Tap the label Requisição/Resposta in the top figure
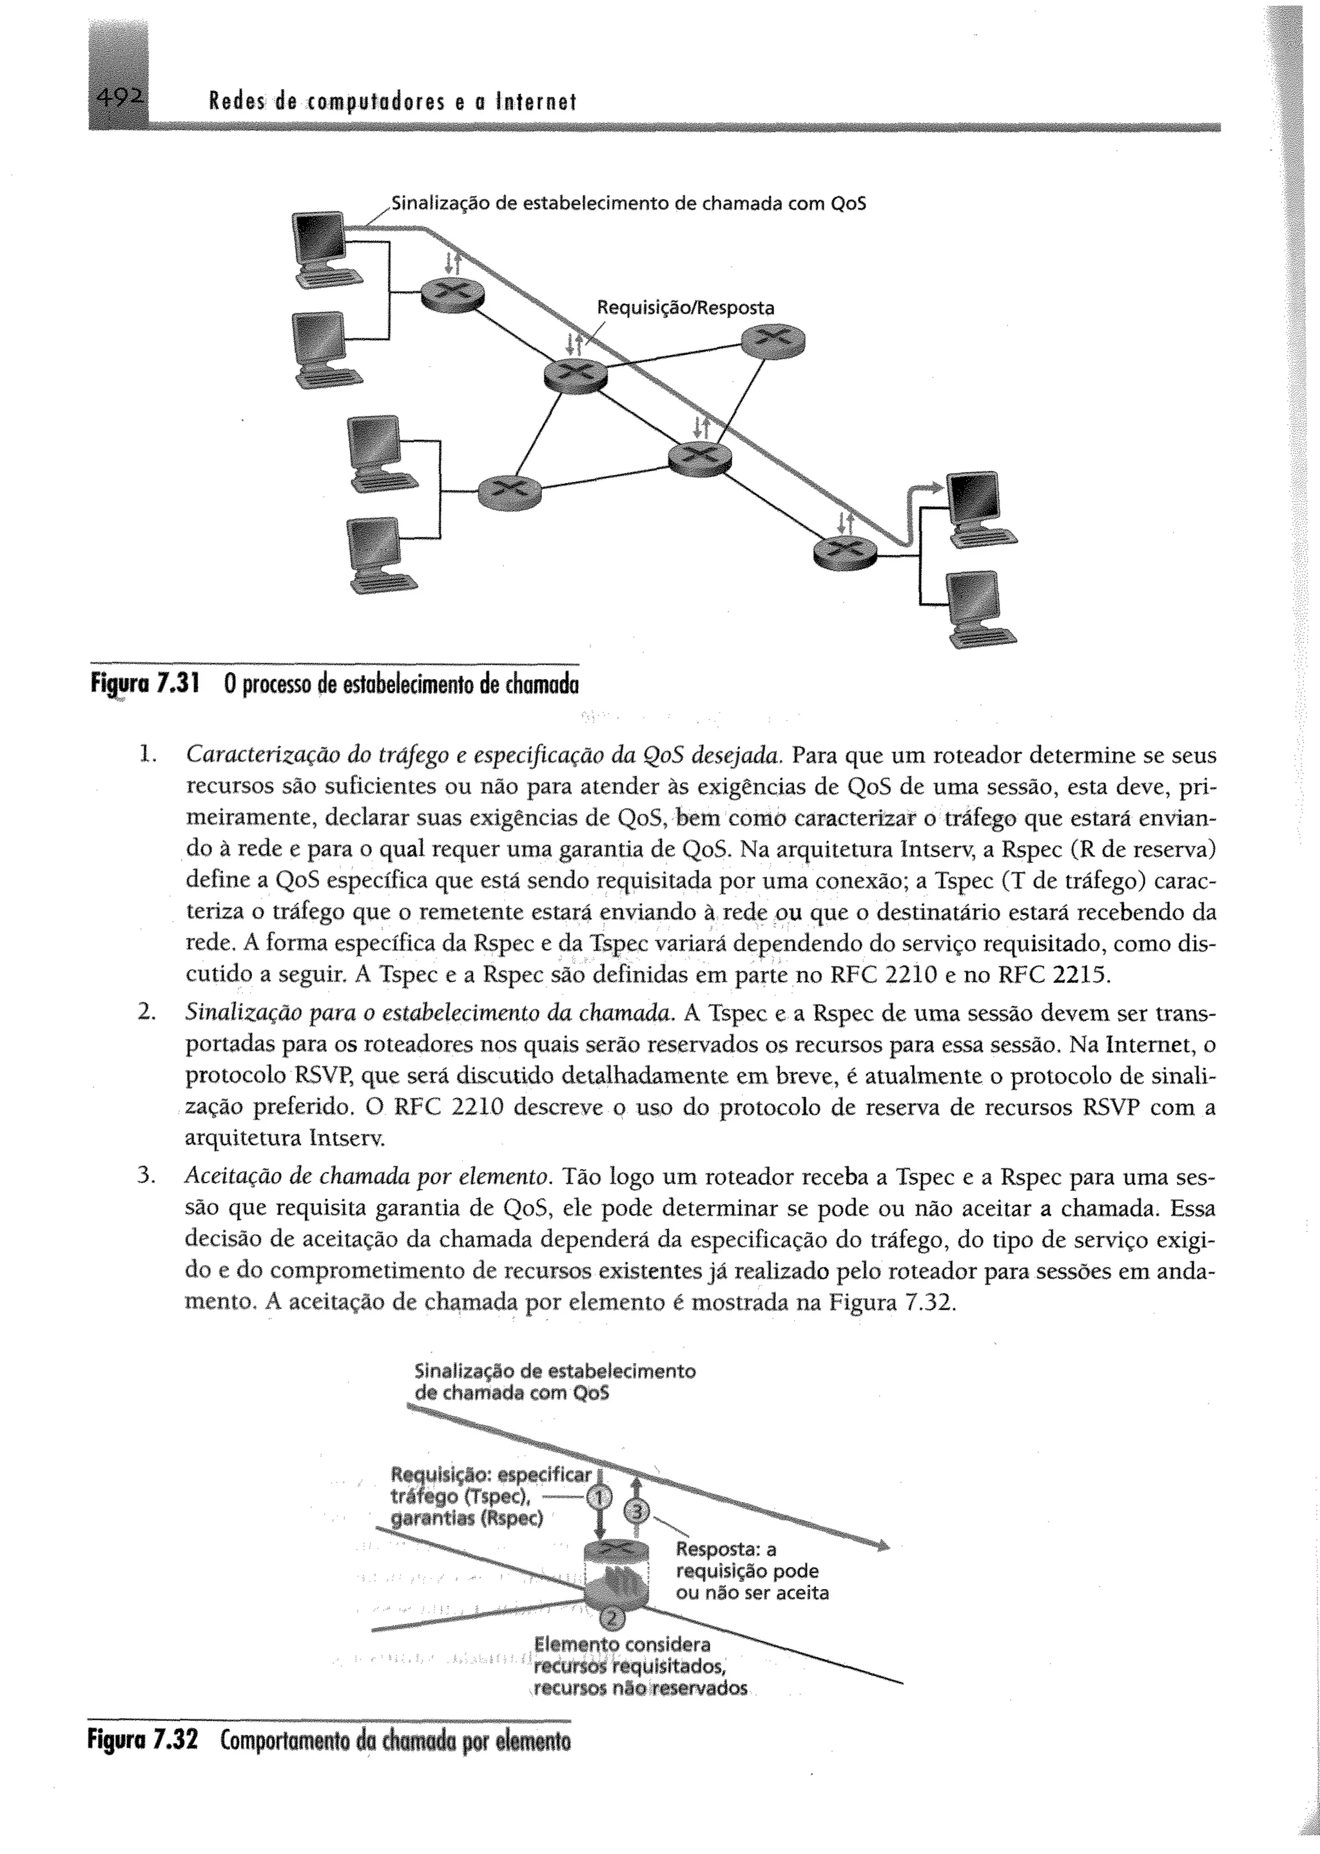click(x=685, y=308)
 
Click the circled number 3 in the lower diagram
click(x=637, y=1511)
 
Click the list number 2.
click(x=146, y=1013)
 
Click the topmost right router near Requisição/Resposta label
click(x=774, y=340)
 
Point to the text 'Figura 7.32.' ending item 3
click(x=893, y=1303)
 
